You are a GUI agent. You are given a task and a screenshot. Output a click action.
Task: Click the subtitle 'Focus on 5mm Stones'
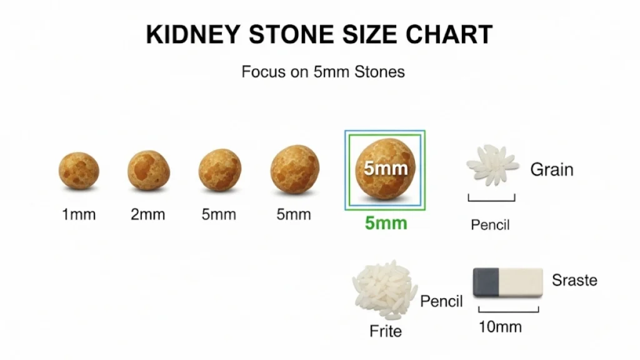323,72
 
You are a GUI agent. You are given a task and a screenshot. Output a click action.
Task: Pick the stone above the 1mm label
79,170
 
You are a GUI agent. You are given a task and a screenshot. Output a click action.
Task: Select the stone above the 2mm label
149,170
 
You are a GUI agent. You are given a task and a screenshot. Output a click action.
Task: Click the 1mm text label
79,215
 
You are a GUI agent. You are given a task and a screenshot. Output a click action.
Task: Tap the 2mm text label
148,215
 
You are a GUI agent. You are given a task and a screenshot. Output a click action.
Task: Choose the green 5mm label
386,223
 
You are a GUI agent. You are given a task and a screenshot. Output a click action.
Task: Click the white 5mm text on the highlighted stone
386,168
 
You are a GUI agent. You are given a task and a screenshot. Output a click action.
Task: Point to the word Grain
552,169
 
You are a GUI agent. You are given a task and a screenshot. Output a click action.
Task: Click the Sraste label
574,280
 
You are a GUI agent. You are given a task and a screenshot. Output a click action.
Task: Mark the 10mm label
500,327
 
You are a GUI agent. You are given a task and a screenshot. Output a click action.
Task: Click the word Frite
386,331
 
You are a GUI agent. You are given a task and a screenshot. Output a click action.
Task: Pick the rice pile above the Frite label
384,291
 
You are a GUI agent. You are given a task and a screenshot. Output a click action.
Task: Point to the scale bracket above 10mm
508,309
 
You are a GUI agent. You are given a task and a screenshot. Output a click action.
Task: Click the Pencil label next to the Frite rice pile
441,301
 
